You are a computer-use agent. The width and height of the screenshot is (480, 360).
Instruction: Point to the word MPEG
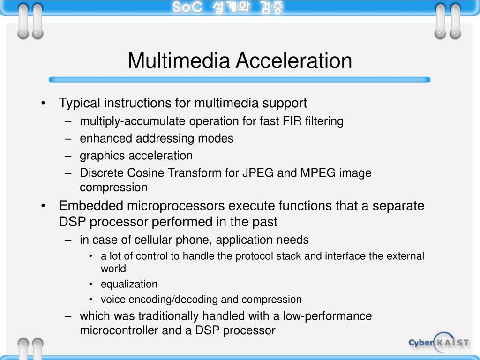click(x=317, y=173)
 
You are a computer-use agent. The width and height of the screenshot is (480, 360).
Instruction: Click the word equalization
click(x=129, y=284)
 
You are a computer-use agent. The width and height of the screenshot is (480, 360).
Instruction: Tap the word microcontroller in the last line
click(x=119, y=330)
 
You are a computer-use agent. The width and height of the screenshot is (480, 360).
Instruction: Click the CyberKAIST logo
click(x=438, y=342)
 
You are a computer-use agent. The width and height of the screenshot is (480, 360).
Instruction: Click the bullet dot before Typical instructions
click(x=44, y=103)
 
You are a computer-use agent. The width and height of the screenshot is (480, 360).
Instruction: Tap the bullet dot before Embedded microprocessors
click(x=44, y=206)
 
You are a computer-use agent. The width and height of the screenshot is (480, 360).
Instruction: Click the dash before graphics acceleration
click(x=69, y=156)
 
